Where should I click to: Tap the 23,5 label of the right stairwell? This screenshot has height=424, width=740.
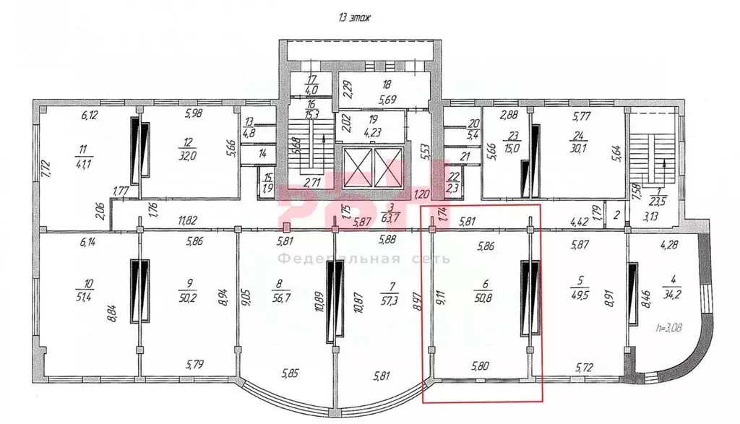[656, 203]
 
